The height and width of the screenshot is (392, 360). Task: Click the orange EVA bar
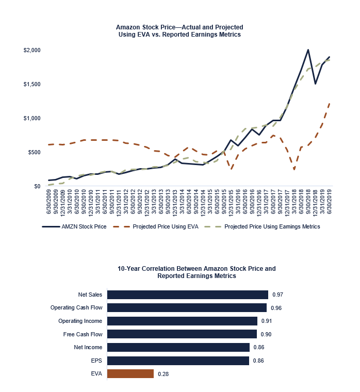click(x=130, y=373)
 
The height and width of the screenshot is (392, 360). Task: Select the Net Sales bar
click(x=188, y=295)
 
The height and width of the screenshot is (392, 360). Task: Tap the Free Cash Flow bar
click(x=182, y=334)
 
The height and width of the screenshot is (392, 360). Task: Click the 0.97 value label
click(x=278, y=295)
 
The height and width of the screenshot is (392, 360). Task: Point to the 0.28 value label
click(x=163, y=374)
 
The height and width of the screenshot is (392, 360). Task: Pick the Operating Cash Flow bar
click(x=187, y=308)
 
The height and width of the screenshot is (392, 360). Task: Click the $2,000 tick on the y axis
click(x=32, y=50)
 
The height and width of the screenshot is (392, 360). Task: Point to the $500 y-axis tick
click(x=34, y=152)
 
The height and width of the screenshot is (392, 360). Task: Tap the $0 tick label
click(x=37, y=186)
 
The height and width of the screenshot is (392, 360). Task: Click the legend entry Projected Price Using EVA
click(x=163, y=226)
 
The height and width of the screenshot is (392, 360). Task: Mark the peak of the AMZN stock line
click(x=308, y=50)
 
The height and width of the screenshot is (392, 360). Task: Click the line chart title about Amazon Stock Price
click(x=179, y=30)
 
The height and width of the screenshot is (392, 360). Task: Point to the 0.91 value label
click(x=267, y=321)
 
